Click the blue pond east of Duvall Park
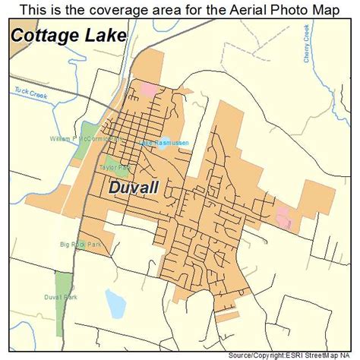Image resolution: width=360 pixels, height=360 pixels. tap(115, 304)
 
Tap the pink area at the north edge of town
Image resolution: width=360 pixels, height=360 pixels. tap(147, 89)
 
